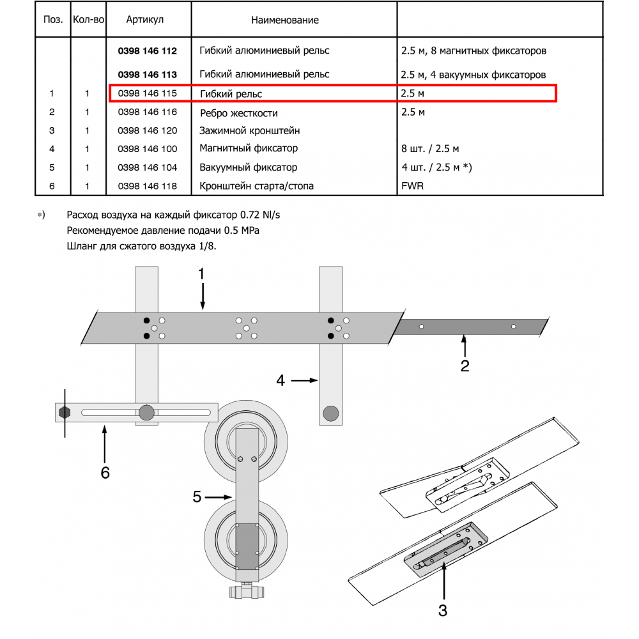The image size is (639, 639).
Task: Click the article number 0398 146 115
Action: tap(147, 93)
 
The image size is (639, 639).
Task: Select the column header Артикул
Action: tap(144, 20)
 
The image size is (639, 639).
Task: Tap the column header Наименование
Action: tap(285, 20)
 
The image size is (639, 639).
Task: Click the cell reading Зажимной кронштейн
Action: tap(249, 131)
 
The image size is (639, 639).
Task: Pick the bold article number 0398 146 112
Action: tap(147, 51)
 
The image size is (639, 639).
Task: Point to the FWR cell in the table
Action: tap(412, 186)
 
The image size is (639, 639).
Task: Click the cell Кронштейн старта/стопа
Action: tap(256, 186)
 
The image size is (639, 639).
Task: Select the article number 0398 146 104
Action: tap(147, 167)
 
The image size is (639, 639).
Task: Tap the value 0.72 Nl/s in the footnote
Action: tap(260, 215)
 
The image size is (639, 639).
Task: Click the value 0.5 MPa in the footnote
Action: tap(242, 231)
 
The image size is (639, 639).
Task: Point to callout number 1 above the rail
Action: tap(201, 274)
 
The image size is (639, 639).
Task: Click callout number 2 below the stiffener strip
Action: tap(465, 366)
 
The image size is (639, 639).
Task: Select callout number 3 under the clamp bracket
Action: tap(443, 610)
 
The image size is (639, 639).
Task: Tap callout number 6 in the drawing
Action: tap(105, 473)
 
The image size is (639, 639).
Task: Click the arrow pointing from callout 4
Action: tap(304, 381)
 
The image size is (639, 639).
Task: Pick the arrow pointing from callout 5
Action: tap(219, 497)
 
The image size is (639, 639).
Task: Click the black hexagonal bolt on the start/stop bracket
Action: tap(65, 412)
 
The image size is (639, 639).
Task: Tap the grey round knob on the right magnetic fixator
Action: tap(330, 413)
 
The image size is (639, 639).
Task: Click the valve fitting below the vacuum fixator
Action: tap(247, 592)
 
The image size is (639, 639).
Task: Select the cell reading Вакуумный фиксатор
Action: tap(248, 167)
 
